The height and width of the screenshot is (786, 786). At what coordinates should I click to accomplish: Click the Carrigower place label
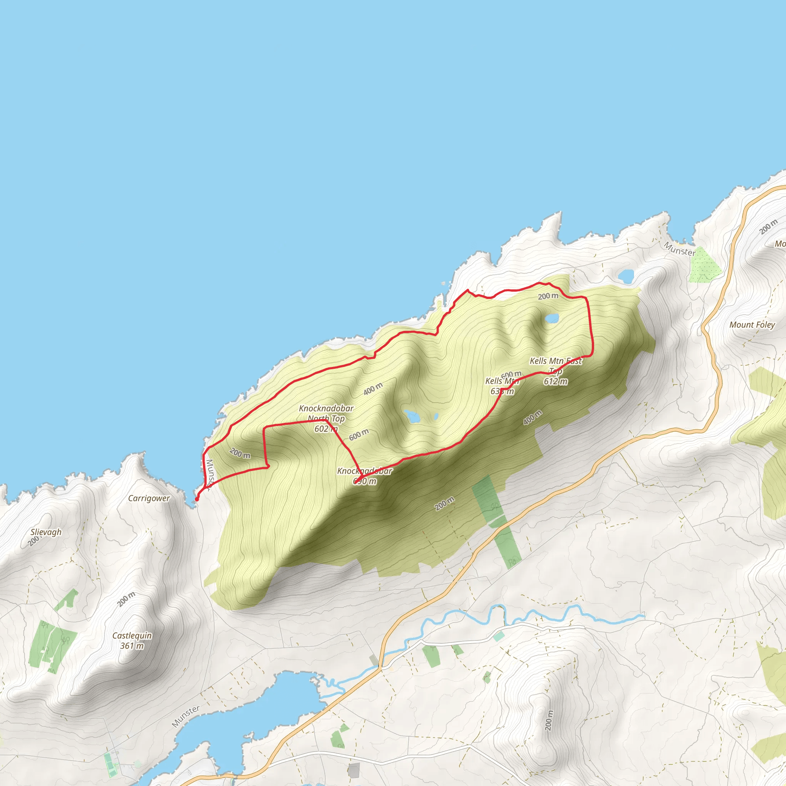click(149, 499)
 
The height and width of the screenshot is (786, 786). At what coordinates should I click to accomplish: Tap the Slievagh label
click(46, 532)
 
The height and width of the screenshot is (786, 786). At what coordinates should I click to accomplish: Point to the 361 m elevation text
click(132, 646)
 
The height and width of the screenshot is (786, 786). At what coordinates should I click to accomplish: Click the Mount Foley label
click(752, 325)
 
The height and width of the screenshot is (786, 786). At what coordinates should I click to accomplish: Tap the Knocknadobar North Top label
click(326, 413)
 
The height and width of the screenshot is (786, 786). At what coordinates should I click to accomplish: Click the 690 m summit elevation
click(365, 481)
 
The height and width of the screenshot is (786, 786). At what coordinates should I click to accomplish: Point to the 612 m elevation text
click(555, 381)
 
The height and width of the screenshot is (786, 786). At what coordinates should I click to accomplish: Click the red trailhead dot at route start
click(197, 499)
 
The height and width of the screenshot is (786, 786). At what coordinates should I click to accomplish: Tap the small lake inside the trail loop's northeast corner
click(552, 318)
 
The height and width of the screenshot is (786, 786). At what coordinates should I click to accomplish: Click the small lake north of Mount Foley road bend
click(626, 276)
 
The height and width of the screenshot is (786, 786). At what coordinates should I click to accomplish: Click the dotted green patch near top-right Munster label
click(704, 265)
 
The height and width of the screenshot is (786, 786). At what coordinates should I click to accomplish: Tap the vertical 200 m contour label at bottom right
click(549, 720)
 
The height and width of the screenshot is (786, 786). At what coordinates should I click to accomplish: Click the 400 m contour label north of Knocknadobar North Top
click(373, 388)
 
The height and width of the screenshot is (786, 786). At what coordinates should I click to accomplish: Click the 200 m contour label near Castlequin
click(126, 599)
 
